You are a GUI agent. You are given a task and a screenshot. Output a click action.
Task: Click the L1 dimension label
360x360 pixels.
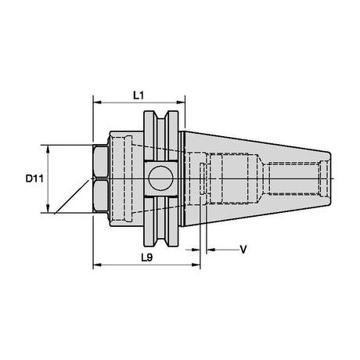point(139,95)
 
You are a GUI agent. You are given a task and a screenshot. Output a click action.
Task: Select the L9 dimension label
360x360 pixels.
point(146,257)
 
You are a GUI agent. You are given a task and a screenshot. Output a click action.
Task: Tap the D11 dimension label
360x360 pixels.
point(34,178)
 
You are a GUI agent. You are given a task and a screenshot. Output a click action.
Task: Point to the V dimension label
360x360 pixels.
point(243,250)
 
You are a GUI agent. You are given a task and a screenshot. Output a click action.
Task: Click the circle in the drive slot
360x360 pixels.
point(161,178)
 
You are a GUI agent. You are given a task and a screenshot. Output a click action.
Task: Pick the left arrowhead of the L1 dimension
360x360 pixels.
point(97,103)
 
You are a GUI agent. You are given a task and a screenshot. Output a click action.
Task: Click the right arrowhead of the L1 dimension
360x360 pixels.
point(181,103)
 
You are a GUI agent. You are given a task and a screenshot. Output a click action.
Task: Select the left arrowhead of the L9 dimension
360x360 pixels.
point(97,265)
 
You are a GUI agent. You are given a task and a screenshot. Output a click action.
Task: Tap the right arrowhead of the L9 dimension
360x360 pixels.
point(196,265)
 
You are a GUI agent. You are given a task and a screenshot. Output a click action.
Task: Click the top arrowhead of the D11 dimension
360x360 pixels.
point(48,149)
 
